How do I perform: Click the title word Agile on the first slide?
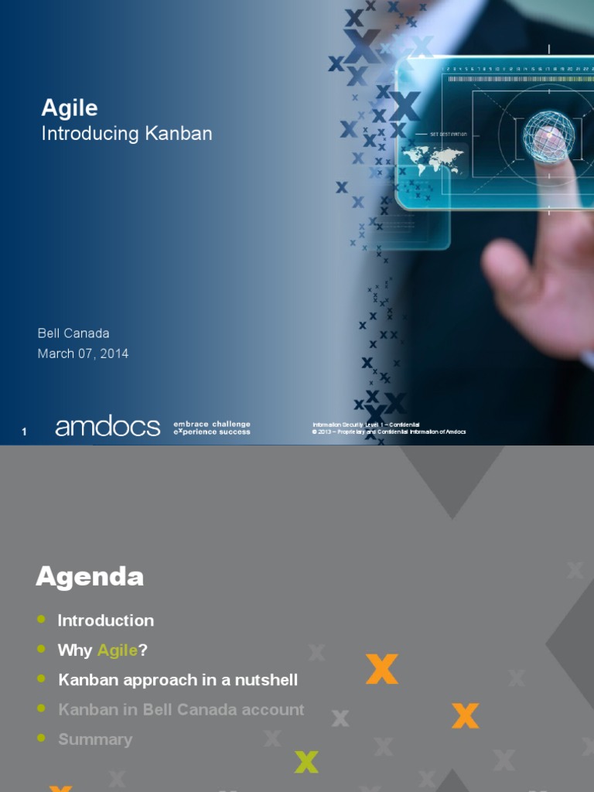[x=70, y=108]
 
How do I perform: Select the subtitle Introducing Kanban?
[x=126, y=133]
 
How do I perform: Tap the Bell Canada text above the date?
[x=73, y=333]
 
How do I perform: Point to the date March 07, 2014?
[x=83, y=353]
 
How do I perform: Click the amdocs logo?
[x=108, y=427]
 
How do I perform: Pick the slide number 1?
[x=24, y=432]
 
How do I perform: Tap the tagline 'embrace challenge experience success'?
[x=212, y=428]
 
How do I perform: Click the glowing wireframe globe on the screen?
[x=548, y=137]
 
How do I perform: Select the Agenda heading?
[x=90, y=576]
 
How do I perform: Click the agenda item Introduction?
[x=106, y=620]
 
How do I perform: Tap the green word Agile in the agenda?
[x=118, y=650]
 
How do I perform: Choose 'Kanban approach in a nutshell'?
[x=178, y=680]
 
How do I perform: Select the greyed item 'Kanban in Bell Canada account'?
[x=181, y=709]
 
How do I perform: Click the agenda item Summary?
[x=95, y=739]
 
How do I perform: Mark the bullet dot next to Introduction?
[x=41, y=620]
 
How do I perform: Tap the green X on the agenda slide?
[x=306, y=762]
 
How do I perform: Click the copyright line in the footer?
[x=389, y=432]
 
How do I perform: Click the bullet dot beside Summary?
[x=41, y=739]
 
